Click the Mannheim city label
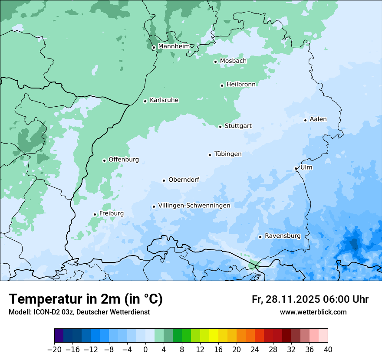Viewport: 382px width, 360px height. click(174, 46)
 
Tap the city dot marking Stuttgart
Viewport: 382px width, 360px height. click(220, 127)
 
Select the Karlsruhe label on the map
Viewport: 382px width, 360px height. click(164, 100)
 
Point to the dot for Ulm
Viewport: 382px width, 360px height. click(296, 168)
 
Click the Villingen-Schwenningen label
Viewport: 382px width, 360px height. click(194, 206)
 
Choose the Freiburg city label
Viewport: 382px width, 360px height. click(111, 213)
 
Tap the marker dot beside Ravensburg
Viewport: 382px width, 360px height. click(260, 237)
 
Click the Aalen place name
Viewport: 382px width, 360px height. click(318, 119)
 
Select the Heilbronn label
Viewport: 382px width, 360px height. click(241, 85)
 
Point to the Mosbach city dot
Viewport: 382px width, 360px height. click(215, 62)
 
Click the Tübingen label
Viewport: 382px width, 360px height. click(228, 154)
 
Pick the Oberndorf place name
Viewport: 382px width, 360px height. click(184, 180)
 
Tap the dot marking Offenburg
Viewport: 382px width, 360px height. click(104, 160)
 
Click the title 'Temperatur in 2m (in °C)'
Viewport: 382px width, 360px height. click(86, 299)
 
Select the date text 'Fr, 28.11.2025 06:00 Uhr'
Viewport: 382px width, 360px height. click(310, 299)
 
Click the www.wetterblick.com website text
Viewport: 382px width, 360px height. click(313, 312)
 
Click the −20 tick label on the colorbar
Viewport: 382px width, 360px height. click(54, 350)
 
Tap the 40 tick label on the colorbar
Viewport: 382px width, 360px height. click(328, 350)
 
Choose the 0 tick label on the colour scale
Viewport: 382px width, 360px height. click(145, 350)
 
